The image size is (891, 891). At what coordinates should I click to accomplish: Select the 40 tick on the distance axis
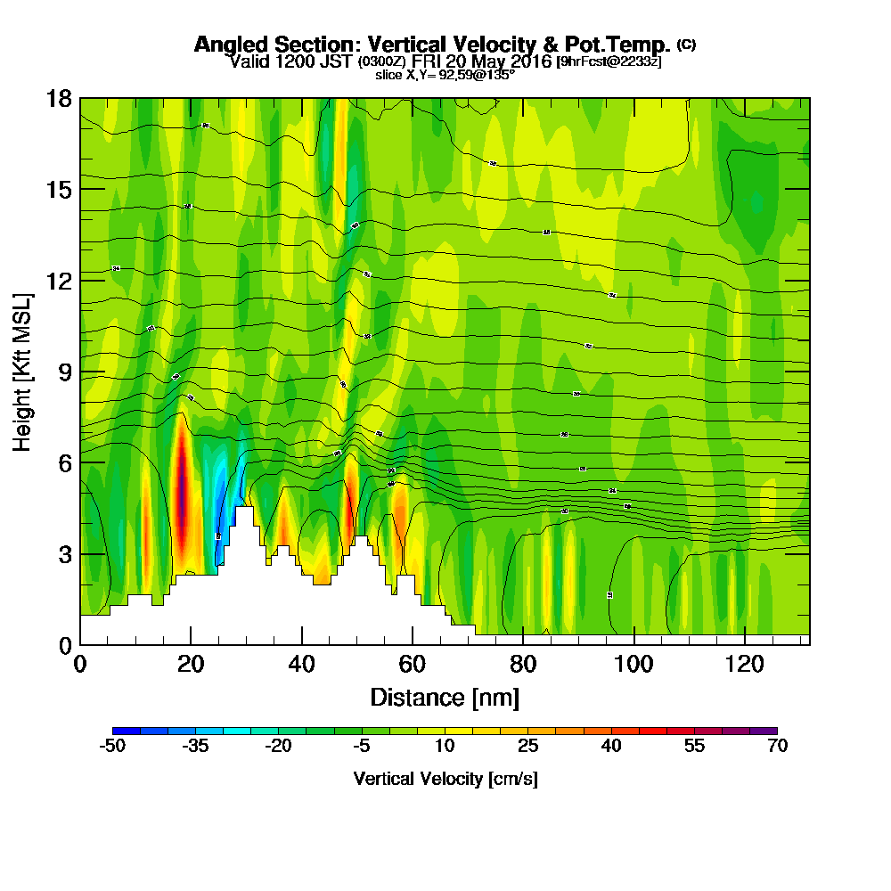[303, 664]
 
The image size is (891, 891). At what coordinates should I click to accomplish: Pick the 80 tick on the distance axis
[523, 664]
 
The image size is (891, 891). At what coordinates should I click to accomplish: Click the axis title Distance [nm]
[445, 697]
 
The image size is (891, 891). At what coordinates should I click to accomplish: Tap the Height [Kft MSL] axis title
[23, 371]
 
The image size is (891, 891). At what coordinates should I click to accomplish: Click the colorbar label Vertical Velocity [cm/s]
[445, 779]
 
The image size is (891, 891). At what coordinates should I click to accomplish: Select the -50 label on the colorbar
[112, 747]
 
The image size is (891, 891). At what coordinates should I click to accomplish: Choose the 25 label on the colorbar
[527, 747]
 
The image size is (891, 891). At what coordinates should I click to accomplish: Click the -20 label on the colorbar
[279, 747]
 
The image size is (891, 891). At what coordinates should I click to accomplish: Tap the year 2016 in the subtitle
[529, 61]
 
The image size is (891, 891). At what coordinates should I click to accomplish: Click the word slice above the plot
[389, 75]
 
